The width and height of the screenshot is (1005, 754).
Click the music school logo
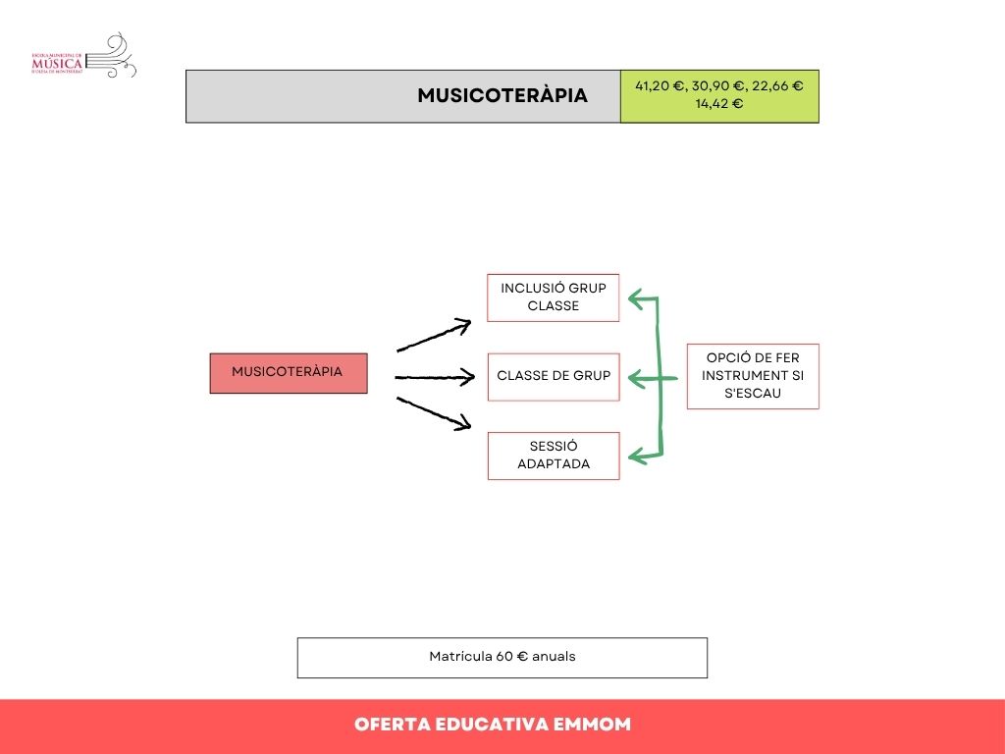(x=83, y=57)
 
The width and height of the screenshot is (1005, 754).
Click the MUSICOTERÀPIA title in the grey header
(x=502, y=95)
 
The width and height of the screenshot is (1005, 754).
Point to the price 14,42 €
(x=719, y=103)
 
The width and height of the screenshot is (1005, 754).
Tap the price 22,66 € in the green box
(x=777, y=85)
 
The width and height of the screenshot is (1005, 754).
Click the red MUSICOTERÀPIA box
(x=288, y=372)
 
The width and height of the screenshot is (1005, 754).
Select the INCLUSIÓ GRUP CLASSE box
(x=554, y=297)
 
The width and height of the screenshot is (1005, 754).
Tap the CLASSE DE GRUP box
(x=554, y=376)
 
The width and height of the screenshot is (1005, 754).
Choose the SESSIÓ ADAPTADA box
(x=554, y=456)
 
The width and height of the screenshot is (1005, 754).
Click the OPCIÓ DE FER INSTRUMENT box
(x=752, y=376)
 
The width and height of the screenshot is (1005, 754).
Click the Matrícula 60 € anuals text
(x=502, y=657)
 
